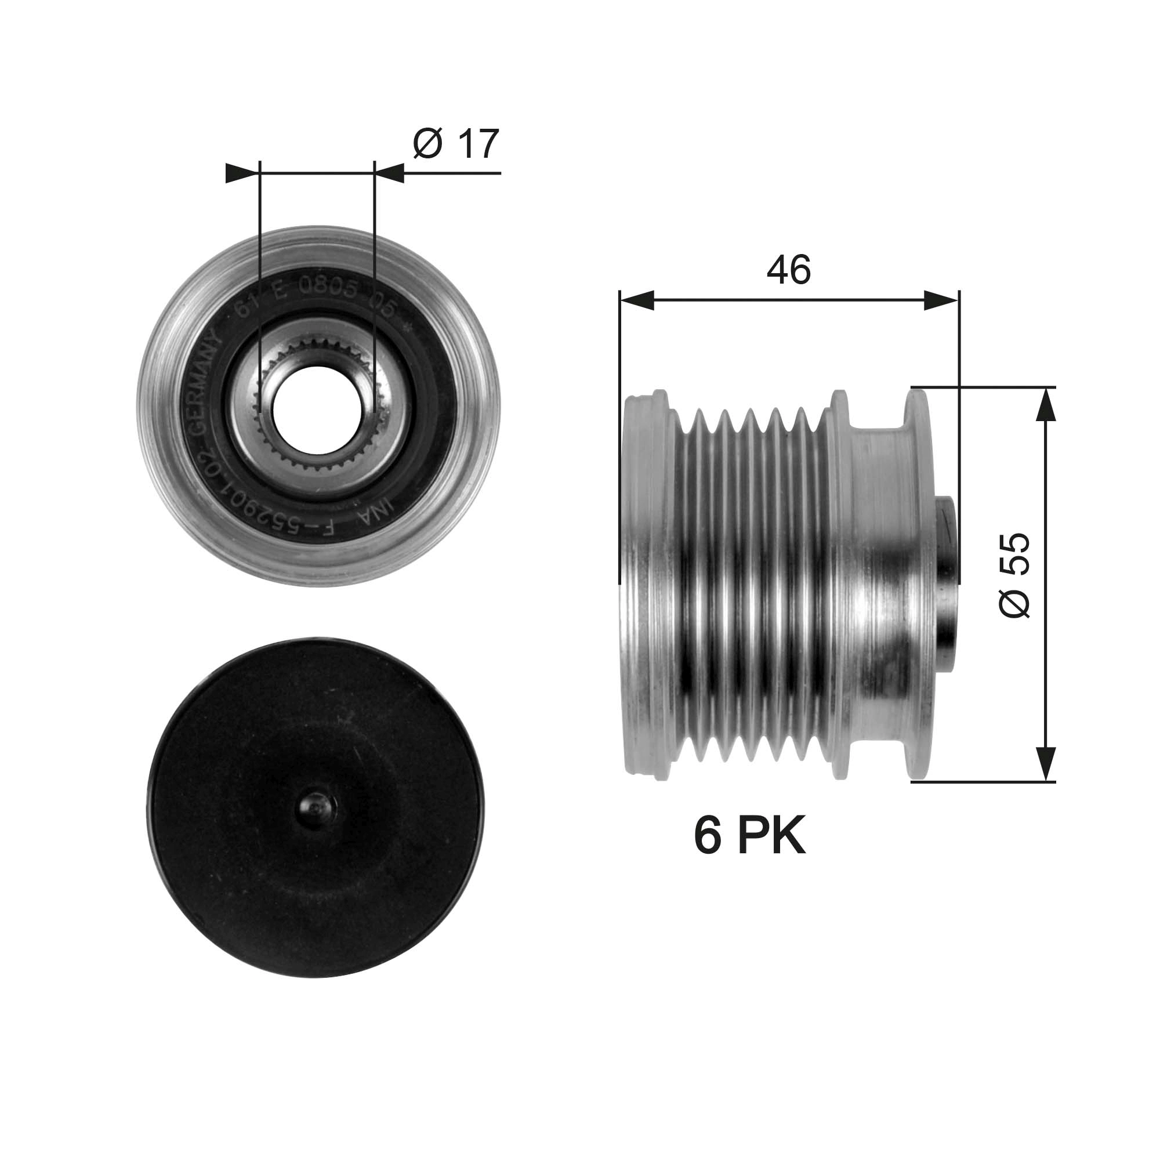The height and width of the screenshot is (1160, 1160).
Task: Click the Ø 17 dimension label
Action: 456,144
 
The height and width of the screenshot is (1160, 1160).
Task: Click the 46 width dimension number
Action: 788,270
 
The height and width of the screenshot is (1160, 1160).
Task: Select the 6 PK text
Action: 749,836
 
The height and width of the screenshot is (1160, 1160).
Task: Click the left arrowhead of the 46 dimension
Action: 636,300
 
